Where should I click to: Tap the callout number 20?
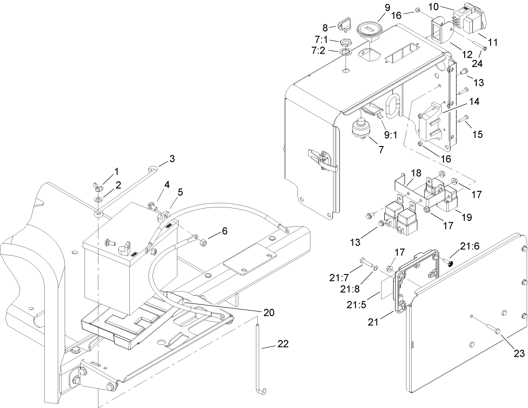click(x=268, y=312)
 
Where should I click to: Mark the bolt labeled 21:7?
click(x=368, y=264)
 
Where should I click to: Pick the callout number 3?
click(x=172, y=158)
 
